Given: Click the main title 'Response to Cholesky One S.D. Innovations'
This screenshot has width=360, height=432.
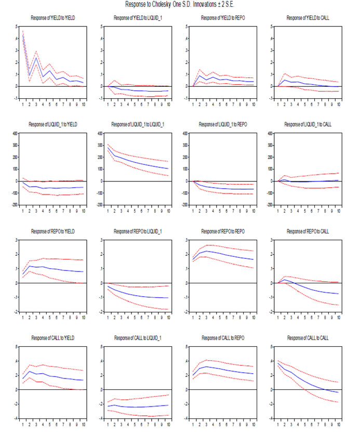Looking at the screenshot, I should [x=180, y=5].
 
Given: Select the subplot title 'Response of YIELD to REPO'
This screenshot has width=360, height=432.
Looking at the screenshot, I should [x=223, y=18].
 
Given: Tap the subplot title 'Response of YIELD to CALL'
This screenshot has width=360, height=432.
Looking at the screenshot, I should [x=308, y=18].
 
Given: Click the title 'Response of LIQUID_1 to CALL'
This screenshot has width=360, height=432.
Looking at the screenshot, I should [x=308, y=125].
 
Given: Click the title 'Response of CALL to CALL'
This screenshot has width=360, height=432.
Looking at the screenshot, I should [x=308, y=339].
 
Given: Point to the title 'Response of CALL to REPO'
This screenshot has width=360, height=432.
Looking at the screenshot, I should [x=223, y=339].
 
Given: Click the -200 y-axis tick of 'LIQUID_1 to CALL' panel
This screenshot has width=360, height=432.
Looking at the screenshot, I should [x=271, y=205].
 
